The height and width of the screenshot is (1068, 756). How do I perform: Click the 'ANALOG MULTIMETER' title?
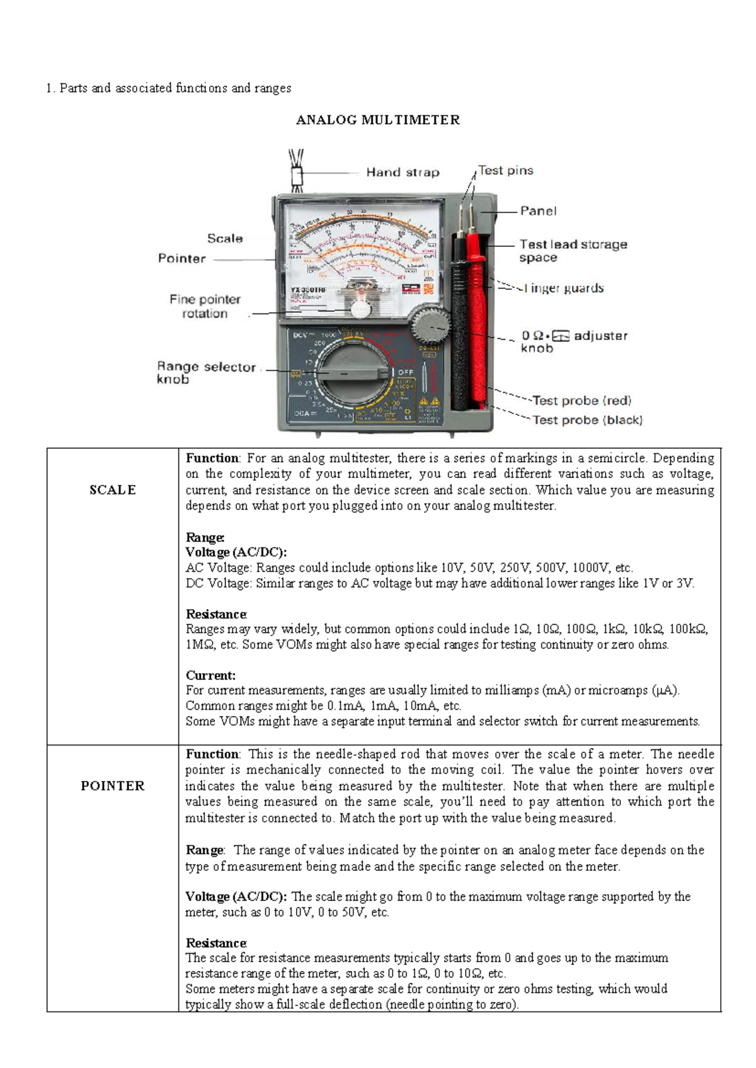point(378,120)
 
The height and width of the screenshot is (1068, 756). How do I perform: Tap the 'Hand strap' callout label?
point(403,172)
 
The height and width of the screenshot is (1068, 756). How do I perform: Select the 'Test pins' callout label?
point(505,170)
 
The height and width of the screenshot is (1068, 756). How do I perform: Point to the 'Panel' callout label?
point(538,211)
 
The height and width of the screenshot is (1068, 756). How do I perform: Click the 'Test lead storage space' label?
point(573,251)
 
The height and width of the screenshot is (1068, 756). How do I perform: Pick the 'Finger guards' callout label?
point(564,288)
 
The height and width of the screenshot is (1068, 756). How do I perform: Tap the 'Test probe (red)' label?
point(581,401)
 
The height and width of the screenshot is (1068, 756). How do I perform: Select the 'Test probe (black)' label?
point(587,420)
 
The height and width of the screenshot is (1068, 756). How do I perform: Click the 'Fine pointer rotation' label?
point(205,306)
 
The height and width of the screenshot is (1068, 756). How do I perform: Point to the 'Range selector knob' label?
point(206,372)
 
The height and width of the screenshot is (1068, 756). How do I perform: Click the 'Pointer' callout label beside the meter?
point(181,258)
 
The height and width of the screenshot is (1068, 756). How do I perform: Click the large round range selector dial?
point(351,373)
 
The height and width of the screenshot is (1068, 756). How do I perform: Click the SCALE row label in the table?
point(113,490)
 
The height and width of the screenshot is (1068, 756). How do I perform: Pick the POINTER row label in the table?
point(113,786)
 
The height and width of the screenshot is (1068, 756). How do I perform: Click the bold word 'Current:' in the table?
point(210,676)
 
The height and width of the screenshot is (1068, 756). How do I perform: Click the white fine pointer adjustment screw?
point(360,309)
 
